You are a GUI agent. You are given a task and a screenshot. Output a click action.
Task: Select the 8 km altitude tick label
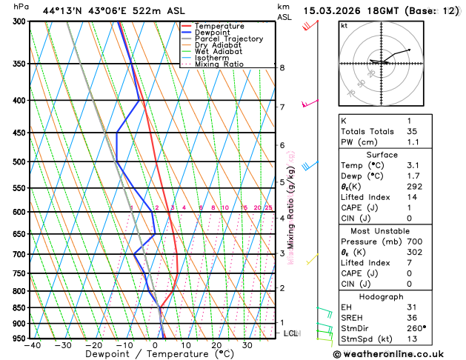282,67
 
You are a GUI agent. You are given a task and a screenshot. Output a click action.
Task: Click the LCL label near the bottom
290,333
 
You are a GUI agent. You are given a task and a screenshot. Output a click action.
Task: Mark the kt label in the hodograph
344,25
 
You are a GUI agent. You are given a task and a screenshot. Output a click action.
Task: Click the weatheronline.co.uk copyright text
397,353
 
